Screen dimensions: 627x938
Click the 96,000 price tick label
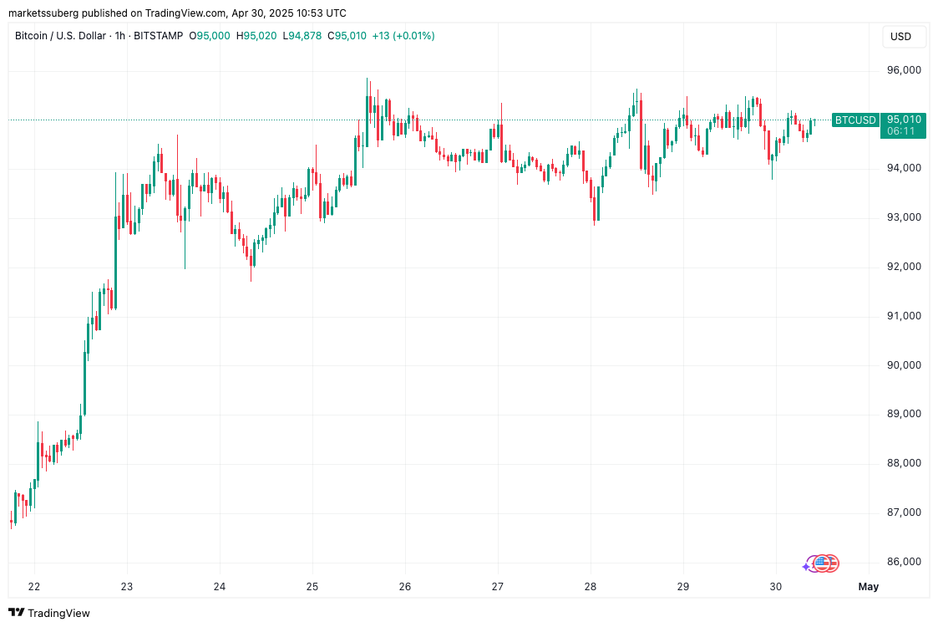pos(903,70)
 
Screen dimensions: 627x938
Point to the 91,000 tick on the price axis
pos(903,316)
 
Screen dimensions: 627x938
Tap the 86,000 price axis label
pos(903,562)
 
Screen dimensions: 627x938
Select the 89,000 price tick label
pos(903,414)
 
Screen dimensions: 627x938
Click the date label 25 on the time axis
pos(312,587)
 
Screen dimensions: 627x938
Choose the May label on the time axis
pos(869,587)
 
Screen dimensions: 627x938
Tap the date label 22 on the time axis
pos(34,587)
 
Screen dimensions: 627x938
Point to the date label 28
pos(591,587)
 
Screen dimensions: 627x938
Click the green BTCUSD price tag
pos(855,120)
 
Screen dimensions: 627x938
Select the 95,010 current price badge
pos(903,120)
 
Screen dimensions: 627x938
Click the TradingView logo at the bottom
pos(49,613)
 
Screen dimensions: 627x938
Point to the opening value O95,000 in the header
pos(210,36)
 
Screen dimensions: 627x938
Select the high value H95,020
pos(257,36)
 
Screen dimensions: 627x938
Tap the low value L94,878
pos(302,36)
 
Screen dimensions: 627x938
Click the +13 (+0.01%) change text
pos(403,36)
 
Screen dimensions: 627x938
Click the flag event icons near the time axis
pos(822,564)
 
